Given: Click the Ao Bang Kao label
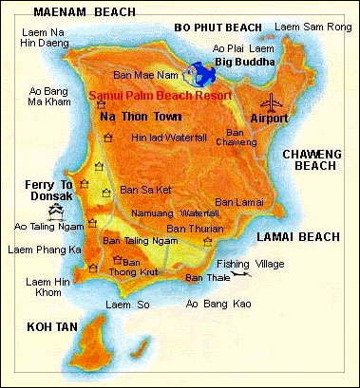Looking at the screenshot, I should click(217, 304).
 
